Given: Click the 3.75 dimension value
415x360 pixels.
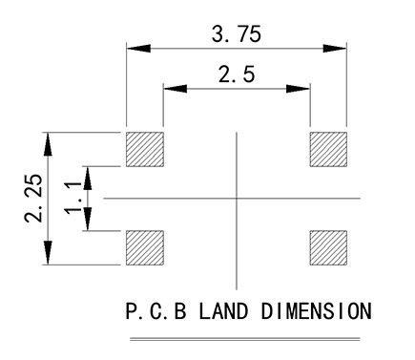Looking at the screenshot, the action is click(237, 34).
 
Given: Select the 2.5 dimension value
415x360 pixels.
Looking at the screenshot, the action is click(237, 74).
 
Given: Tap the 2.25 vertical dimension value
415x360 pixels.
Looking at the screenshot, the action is click(33, 198).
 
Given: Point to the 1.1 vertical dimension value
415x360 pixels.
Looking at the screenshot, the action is click(73, 198).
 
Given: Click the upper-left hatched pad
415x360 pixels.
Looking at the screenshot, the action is click(145, 149).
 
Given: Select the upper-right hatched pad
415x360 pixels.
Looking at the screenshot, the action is click(328, 149).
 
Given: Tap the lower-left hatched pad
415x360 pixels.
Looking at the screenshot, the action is click(145, 248).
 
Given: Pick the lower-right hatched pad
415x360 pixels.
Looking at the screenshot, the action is click(328, 248).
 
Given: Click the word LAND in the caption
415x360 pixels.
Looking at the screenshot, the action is click(223, 311).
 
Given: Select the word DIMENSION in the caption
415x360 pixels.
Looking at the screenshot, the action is click(317, 311).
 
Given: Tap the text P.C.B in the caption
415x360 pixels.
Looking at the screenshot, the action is click(156, 311).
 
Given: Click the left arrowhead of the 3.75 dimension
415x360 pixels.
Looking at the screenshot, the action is click(138, 49).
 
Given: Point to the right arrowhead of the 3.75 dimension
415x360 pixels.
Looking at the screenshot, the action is click(335, 49).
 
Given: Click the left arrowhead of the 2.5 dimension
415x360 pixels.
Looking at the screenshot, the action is click(175, 89).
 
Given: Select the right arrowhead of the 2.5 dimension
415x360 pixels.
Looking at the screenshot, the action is click(298, 89).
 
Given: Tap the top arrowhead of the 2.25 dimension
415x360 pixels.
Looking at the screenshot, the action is click(48, 144).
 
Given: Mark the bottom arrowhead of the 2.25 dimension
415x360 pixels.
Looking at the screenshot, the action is click(48, 253).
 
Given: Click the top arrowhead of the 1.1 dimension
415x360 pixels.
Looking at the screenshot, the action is click(88, 178).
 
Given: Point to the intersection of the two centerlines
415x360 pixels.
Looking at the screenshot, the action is click(237, 199).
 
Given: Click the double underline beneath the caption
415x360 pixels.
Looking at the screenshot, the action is click(245, 339).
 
